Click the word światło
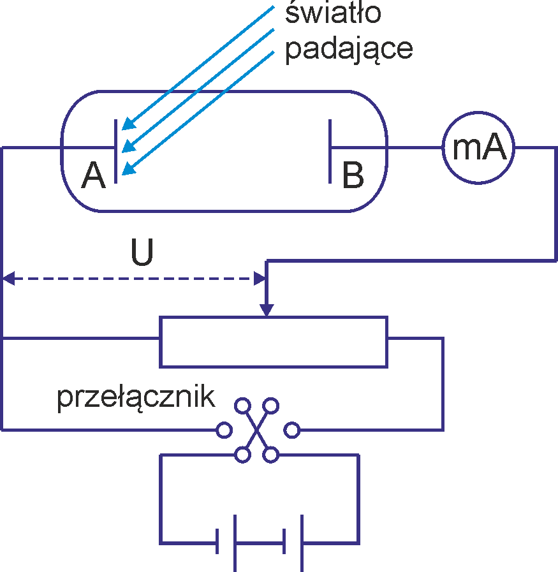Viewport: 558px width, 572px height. pos(333,12)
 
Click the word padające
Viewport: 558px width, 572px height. pos(349,49)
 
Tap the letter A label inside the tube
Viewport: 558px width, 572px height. pos(93,175)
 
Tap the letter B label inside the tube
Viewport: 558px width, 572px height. pos(353,175)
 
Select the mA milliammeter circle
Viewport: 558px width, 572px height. pos(478,112)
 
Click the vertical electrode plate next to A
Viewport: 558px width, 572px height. pos(115,151)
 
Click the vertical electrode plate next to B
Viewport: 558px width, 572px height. pos(330,151)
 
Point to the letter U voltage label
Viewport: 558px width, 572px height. pos(142,252)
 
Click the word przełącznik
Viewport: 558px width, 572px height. pos(136,399)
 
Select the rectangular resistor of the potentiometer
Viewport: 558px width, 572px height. pos(274,318)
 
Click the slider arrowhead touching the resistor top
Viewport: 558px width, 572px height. pos(267,310)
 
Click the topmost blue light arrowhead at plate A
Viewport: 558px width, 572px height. pos(128,124)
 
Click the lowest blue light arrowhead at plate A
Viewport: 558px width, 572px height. pos(128,169)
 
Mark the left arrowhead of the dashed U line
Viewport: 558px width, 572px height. pos(9,279)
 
